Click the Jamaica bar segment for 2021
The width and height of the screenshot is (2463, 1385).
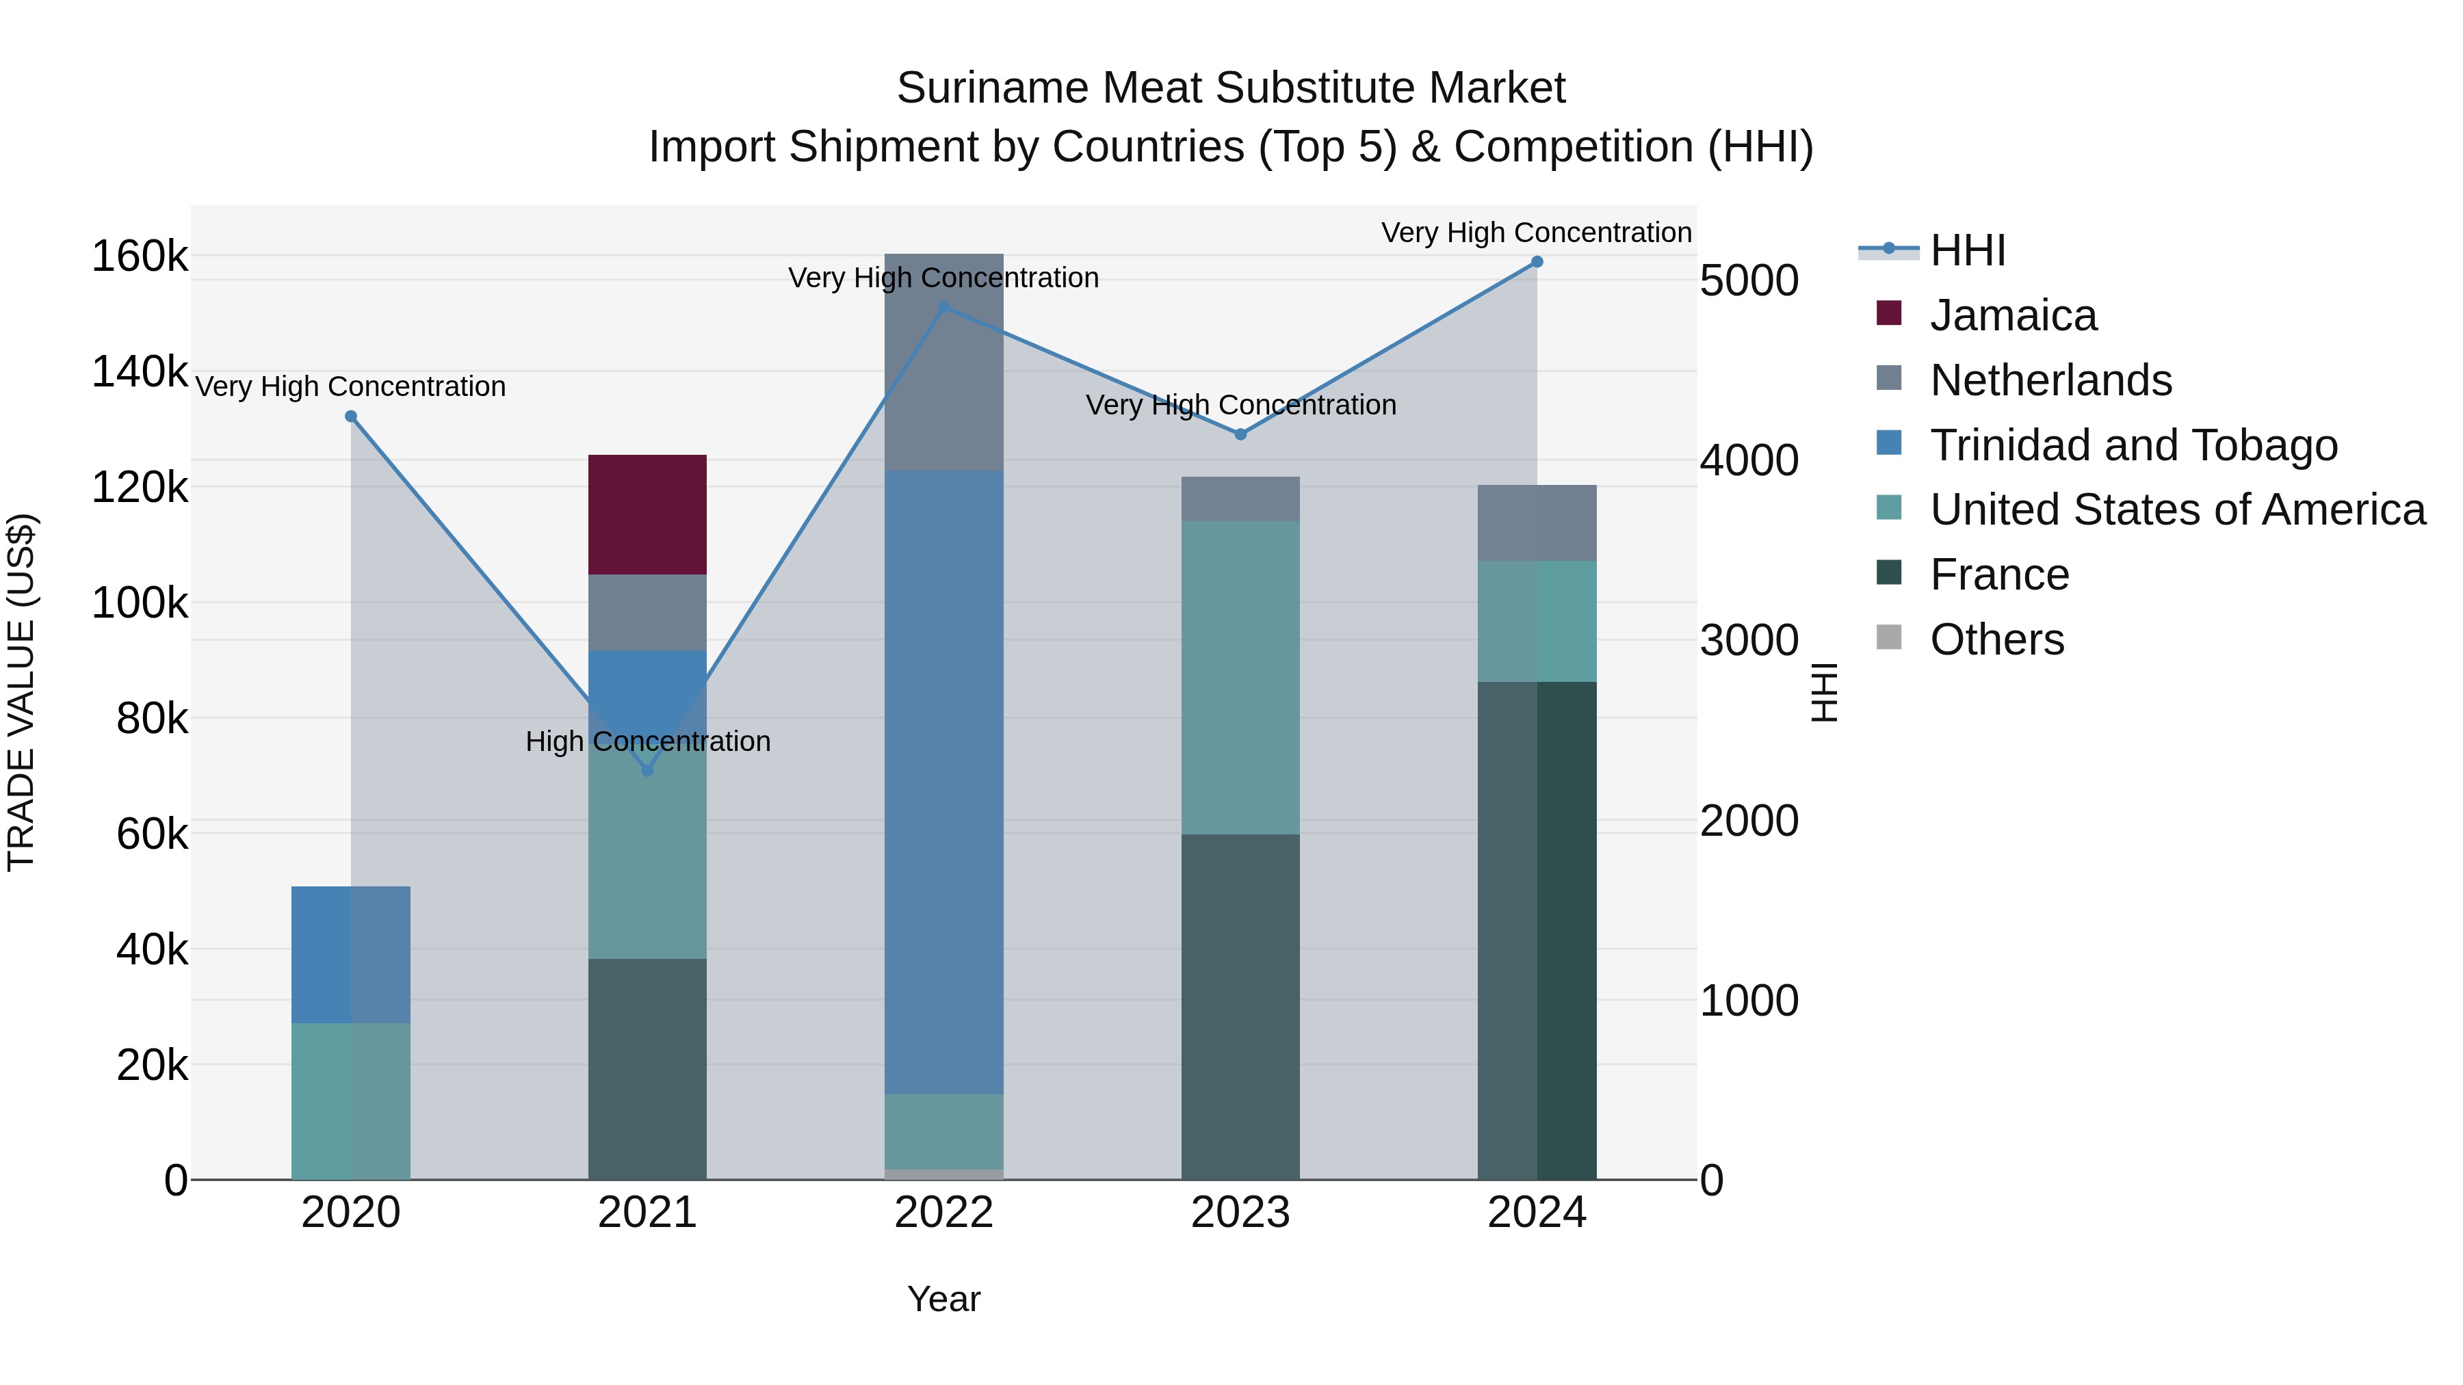(647, 514)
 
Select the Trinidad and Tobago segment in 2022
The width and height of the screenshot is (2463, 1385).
(943, 782)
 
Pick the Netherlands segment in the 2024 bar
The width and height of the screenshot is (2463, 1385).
(1537, 523)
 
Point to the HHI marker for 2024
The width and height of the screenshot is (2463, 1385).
(1537, 262)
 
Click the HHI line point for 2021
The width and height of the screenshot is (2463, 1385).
(647, 770)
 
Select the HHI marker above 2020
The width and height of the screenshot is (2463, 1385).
(351, 417)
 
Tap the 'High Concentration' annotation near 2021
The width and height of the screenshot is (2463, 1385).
(647, 741)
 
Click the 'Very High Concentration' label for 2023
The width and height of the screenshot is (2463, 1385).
(1240, 406)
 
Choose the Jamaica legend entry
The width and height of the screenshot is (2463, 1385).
(2013, 315)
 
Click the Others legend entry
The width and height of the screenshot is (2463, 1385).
(1996, 639)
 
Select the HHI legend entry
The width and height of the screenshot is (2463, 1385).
(1967, 250)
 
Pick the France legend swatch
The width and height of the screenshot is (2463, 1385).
(1888, 574)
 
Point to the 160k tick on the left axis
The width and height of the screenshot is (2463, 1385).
(140, 257)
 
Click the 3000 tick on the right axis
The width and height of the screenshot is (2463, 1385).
(1749, 640)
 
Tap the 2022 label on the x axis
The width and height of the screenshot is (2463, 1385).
(943, 1213)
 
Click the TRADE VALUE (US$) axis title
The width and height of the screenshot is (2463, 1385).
(21, 692)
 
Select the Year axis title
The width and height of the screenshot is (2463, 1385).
(943, 1299)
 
